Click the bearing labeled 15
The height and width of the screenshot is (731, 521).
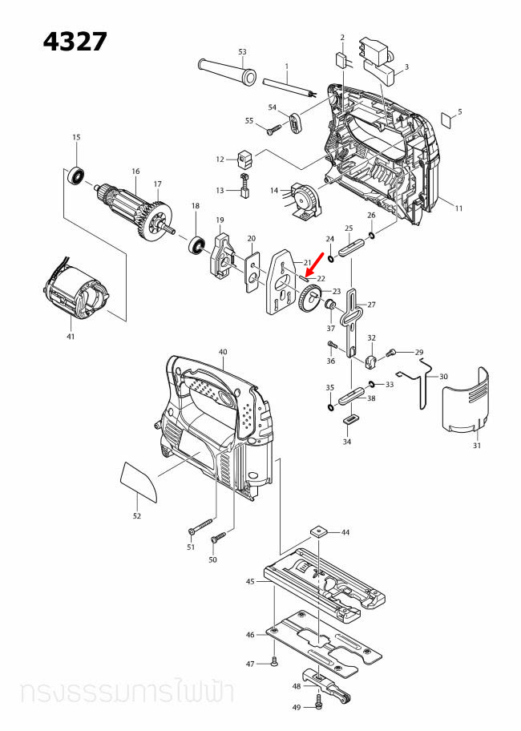[78, 173]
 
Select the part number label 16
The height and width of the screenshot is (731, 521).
[135, 172]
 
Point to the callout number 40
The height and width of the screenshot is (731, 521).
[223, 352]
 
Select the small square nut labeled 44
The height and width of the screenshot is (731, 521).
[320, 531]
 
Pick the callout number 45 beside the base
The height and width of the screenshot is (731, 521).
[250, 581]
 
